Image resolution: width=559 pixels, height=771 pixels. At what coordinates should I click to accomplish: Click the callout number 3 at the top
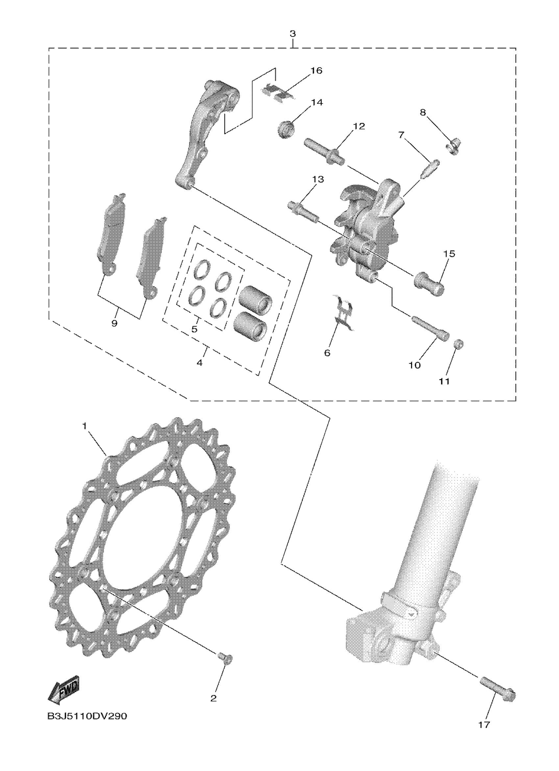point(293,34)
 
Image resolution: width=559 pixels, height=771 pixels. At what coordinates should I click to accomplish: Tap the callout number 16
point(316,71)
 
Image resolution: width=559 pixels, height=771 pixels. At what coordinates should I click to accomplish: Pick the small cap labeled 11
point(459,344)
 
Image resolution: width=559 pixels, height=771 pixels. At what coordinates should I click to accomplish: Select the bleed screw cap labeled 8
point(453,147)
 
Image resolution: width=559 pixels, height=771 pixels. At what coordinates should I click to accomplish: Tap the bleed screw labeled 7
point(430,168)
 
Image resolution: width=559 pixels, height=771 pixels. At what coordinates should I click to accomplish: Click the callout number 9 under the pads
point(114,323)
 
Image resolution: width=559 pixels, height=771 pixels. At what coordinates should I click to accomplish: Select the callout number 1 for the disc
point(85,425)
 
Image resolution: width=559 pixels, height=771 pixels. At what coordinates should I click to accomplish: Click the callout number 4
point(200,363)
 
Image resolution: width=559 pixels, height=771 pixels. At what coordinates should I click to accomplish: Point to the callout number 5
point(194,329)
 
